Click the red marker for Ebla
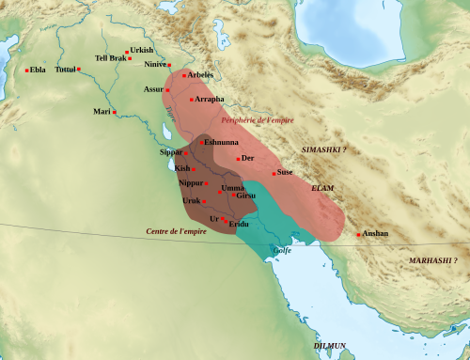pos(26,70)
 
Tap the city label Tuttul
pos(65,70)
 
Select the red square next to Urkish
pos(127,51)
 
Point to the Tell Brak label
pos(110,58)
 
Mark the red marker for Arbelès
pos(184,75)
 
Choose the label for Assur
pos(153,88)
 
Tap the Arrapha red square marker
pos(192,99)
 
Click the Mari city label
pos(102,112)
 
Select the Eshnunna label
pos(222,142)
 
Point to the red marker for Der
pos(238,158)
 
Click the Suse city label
pos(285,173)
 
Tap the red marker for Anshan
pos(358,234)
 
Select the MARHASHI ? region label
pos(432,259)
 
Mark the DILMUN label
pos(329,346)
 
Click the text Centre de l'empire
pos(176,231)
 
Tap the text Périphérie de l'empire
pos(257,120)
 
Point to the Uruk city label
pos(192,200)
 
